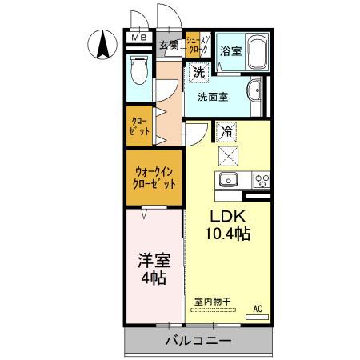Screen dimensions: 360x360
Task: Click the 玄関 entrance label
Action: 168,46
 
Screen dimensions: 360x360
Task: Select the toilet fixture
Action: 138,70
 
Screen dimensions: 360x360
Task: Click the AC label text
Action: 258,306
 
